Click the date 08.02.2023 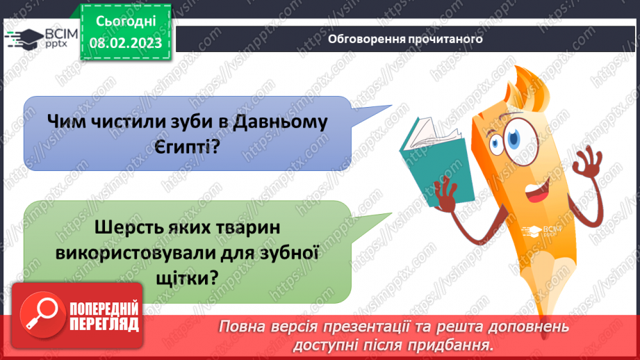point(125,43)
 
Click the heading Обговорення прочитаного point(405,39)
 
